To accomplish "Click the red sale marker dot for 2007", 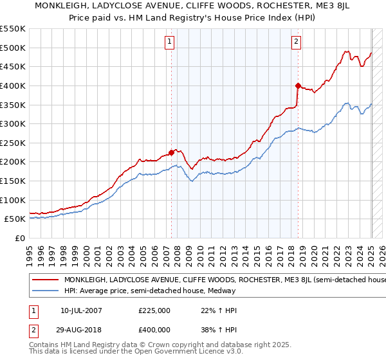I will [x=172, y=152].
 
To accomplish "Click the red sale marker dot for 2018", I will [x=298, y=85].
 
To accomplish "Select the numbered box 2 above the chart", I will [x=296, y=42].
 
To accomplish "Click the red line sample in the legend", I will [x=46, y=280].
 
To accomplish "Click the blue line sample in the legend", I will [x=46, y=291].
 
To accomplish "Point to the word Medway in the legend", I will [x=223, y=291].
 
